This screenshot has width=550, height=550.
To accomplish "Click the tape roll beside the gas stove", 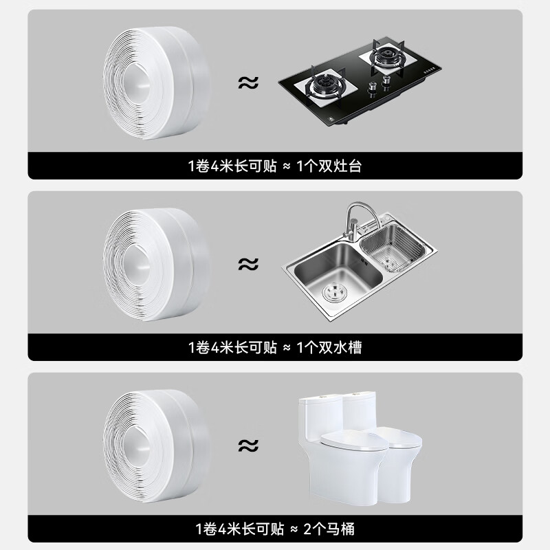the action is [157, 82].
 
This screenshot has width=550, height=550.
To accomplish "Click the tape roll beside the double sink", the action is [157, 265].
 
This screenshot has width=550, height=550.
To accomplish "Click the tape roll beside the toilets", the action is [157, 445].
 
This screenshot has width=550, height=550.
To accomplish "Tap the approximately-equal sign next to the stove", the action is [248, 82].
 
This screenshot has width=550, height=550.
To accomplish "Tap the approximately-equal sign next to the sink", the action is [248, 264].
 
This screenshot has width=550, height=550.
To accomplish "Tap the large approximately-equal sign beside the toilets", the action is [248, 445].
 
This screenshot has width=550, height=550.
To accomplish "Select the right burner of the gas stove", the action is [387, 56].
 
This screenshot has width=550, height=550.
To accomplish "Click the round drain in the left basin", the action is [335, 291].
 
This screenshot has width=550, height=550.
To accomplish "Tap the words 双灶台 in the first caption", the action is [340, 166].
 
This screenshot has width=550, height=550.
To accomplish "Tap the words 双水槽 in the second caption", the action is [340, 347].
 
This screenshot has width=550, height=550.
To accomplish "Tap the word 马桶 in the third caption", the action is [340, 529].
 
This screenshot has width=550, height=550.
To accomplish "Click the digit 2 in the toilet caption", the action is [307, 529].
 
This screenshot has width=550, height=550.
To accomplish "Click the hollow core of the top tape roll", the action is [137, 83].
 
